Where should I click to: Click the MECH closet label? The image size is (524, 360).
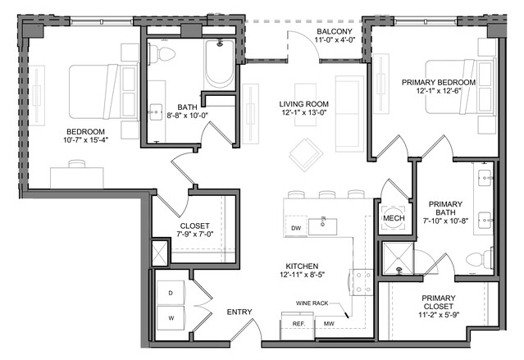(x=394, y=218)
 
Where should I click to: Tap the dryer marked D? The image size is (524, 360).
(x=171, y=293)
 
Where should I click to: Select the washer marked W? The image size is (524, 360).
(x=171, y=318)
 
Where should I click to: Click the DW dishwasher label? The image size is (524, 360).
(x=296, y=228)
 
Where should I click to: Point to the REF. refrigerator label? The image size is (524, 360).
(x=298, y=324)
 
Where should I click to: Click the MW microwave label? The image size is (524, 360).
(x=329, y=324)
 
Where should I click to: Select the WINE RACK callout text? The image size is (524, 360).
(x=312, y=303)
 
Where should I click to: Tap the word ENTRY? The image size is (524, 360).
(x=239, y=312)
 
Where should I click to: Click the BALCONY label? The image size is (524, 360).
(x=335, y=31)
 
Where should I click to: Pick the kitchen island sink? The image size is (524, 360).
(x=322, y=227)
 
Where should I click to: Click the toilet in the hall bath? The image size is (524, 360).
(x=162, y=54)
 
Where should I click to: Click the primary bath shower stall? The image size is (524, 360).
(x=398, y=258)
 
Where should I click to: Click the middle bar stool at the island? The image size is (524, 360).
(x=327, y=194)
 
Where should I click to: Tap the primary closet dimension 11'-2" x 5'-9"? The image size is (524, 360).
(x=439, y=315)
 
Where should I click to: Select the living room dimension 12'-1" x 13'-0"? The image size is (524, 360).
(x=303, y=112)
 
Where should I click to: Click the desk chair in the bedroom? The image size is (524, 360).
(x=77, y=163)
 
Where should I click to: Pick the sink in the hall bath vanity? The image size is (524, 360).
(x=156, y=112)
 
